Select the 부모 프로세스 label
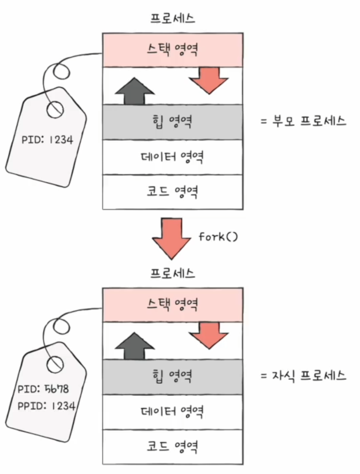pos(304,121)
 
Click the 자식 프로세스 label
pos(304,376)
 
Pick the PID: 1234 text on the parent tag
pos(48,139)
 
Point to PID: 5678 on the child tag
pos(43,389)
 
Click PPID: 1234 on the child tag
pos(46,404)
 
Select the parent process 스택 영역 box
pos(173,50)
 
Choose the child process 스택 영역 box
pos(173,304)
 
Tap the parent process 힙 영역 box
pos(173,121)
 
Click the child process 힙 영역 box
pos(173,376)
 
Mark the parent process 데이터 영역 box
pos(173,157)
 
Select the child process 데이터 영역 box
pos(173,411)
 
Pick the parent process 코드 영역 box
pos(173,192)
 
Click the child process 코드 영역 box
pos(173,446)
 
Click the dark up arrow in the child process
pos(134,346)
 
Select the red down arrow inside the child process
pos(209,335)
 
